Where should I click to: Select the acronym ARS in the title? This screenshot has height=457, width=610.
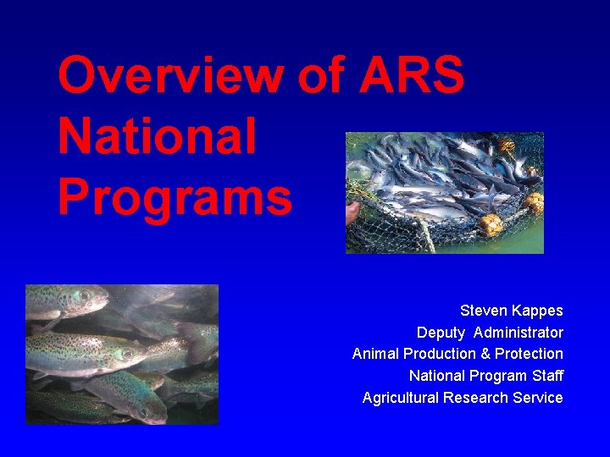tap(412, 76)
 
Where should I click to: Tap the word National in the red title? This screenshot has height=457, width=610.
tap(157, 137)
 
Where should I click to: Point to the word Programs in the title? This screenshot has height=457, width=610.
tap(175, 198)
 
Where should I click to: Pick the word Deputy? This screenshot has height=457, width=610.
tap(441, 333)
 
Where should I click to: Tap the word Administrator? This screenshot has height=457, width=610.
tap(518, 333)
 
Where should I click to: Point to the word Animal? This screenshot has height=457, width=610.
tap(375, 354)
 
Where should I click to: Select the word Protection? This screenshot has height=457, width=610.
tap(529, 354)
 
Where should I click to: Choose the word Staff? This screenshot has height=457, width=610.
tap(546, 376)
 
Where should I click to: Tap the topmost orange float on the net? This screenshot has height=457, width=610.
tap(507, 146)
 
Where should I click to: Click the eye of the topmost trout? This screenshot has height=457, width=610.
tap(85, 297)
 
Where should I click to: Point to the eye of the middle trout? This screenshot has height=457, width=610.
tap(126, 354)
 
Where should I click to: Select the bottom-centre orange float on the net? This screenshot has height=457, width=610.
tap(490, 225)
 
